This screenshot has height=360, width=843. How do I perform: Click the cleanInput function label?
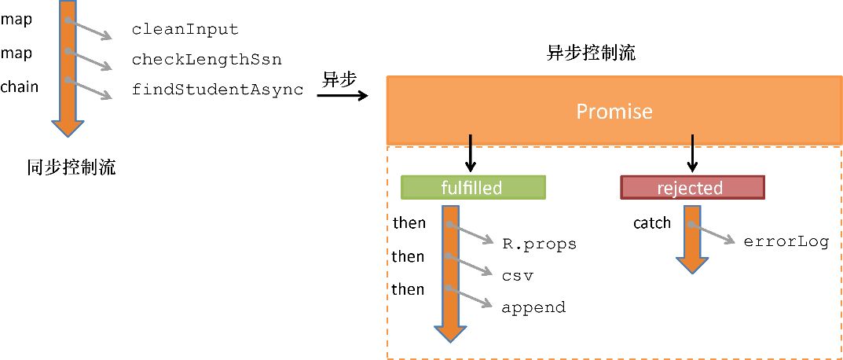pyautogui.click(x=185, y=30)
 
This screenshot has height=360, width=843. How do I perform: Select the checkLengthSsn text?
pyautogui.click(x=207, y=60)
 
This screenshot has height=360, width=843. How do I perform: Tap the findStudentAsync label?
pyautogui.click(x=218, y=90)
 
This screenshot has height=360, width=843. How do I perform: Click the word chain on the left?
pyautogui.click(x=20, y=86)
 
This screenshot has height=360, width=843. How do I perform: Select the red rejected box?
pyautogui.click(x=692, y=188)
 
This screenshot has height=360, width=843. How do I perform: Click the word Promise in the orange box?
pyautogui.click(x=614, y=112)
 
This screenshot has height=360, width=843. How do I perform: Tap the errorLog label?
pyautogui.click(x=786, y=242)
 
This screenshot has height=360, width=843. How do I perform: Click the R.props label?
pyautogui.click(x=539, y=244)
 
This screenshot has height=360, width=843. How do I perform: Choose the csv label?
pyautogui.click(x=518, y=276)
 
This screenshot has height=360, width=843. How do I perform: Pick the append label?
pyautogui.click(x=533, y=308)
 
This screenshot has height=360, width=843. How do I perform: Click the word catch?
pyautogui.click(x=652, y=223)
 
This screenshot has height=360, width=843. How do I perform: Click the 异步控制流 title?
pyautogui.click(x=591, y=54)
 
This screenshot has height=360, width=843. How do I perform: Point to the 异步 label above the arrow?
pyautogui.click(x=339, y=79)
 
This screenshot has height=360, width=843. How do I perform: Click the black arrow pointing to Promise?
pyautogui.click(x=343, y=96)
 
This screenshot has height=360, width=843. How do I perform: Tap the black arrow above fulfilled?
pyautogui.click(x=471, y=154)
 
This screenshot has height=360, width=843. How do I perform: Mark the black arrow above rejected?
pyautogui.click(x=692, y=154)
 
